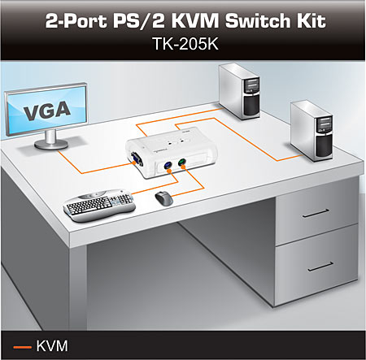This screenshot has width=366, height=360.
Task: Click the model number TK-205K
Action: point(185,44)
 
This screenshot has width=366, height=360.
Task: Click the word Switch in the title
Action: point(252,21)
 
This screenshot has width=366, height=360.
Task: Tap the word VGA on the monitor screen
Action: point(47,111)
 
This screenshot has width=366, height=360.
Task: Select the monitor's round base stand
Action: point(51,144)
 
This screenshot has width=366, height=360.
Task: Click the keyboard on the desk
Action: point(99,205)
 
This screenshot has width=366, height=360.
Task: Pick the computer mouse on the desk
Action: point(164,198)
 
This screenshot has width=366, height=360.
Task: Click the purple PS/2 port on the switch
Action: point(168,165)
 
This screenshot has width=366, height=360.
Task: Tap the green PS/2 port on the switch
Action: point(181,162)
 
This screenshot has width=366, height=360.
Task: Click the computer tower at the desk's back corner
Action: point(240,91)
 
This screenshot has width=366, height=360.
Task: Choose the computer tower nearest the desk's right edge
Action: point(312,131)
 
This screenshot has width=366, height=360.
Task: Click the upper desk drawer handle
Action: point(316,213)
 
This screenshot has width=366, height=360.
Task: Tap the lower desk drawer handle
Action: point(320,267)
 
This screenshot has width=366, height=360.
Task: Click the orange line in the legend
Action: point(22,347)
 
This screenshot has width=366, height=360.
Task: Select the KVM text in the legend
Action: point(52,346)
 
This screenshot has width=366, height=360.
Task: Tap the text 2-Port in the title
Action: point(76,21)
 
